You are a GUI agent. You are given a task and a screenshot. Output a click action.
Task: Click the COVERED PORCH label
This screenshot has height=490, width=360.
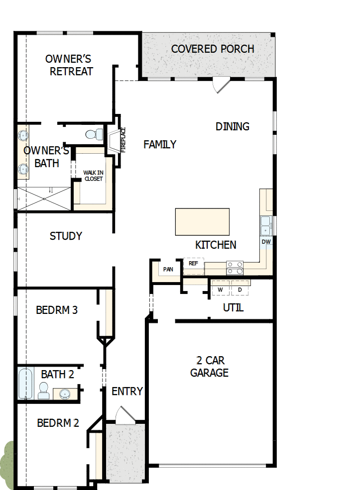point(213,49)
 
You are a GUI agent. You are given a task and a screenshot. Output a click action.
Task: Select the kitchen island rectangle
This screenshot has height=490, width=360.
point(202,222)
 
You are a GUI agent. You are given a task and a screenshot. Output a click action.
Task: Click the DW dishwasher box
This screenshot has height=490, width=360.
point(266,242)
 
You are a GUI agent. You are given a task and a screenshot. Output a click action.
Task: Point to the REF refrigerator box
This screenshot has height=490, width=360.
point(193,264)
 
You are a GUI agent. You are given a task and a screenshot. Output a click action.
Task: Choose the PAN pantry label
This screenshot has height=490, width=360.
point(168,269)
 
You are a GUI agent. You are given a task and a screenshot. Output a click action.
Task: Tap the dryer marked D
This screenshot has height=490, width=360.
point(240,289)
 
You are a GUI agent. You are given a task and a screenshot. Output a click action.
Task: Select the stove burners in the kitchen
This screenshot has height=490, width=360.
point(235,268)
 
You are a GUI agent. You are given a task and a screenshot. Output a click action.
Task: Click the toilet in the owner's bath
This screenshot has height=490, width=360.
point(94,134)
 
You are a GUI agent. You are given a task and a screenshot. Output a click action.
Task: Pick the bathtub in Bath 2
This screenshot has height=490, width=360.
point(25,383)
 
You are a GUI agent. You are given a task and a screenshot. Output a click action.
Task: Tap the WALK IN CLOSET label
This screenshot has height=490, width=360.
point(93,176)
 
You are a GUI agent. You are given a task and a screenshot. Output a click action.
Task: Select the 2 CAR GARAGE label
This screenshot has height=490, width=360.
point(209,366)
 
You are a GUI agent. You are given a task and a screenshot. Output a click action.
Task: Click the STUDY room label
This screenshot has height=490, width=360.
point(66,236)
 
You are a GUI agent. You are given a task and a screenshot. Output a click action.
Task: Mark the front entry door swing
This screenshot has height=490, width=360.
point(123,415)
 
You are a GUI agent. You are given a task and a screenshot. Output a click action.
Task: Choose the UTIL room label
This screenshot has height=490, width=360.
point(233,308)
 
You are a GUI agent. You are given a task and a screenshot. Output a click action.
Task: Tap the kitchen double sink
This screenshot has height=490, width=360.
point(266,225)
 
